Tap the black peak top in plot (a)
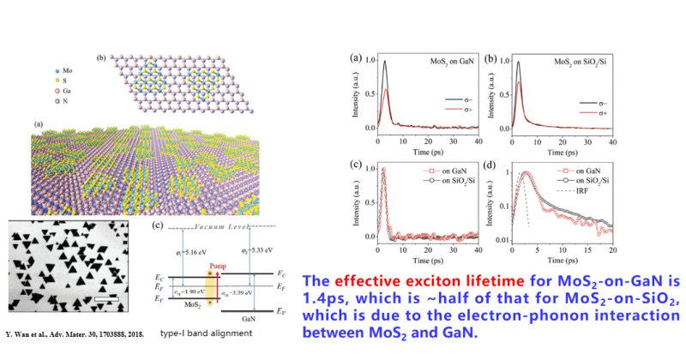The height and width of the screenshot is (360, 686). click(x=387, y=61)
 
